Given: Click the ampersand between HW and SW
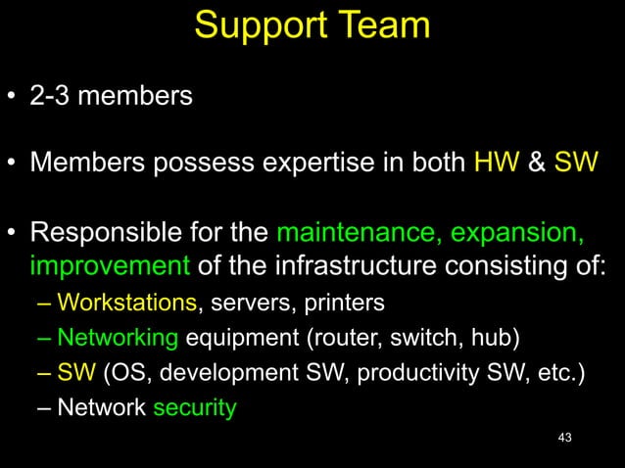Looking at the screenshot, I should [537, 162].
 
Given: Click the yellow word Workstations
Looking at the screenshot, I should [127, 304].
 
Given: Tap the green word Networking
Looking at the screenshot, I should [118, 339].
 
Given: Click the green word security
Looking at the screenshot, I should [194, 407].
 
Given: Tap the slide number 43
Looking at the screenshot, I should [562, 437].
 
